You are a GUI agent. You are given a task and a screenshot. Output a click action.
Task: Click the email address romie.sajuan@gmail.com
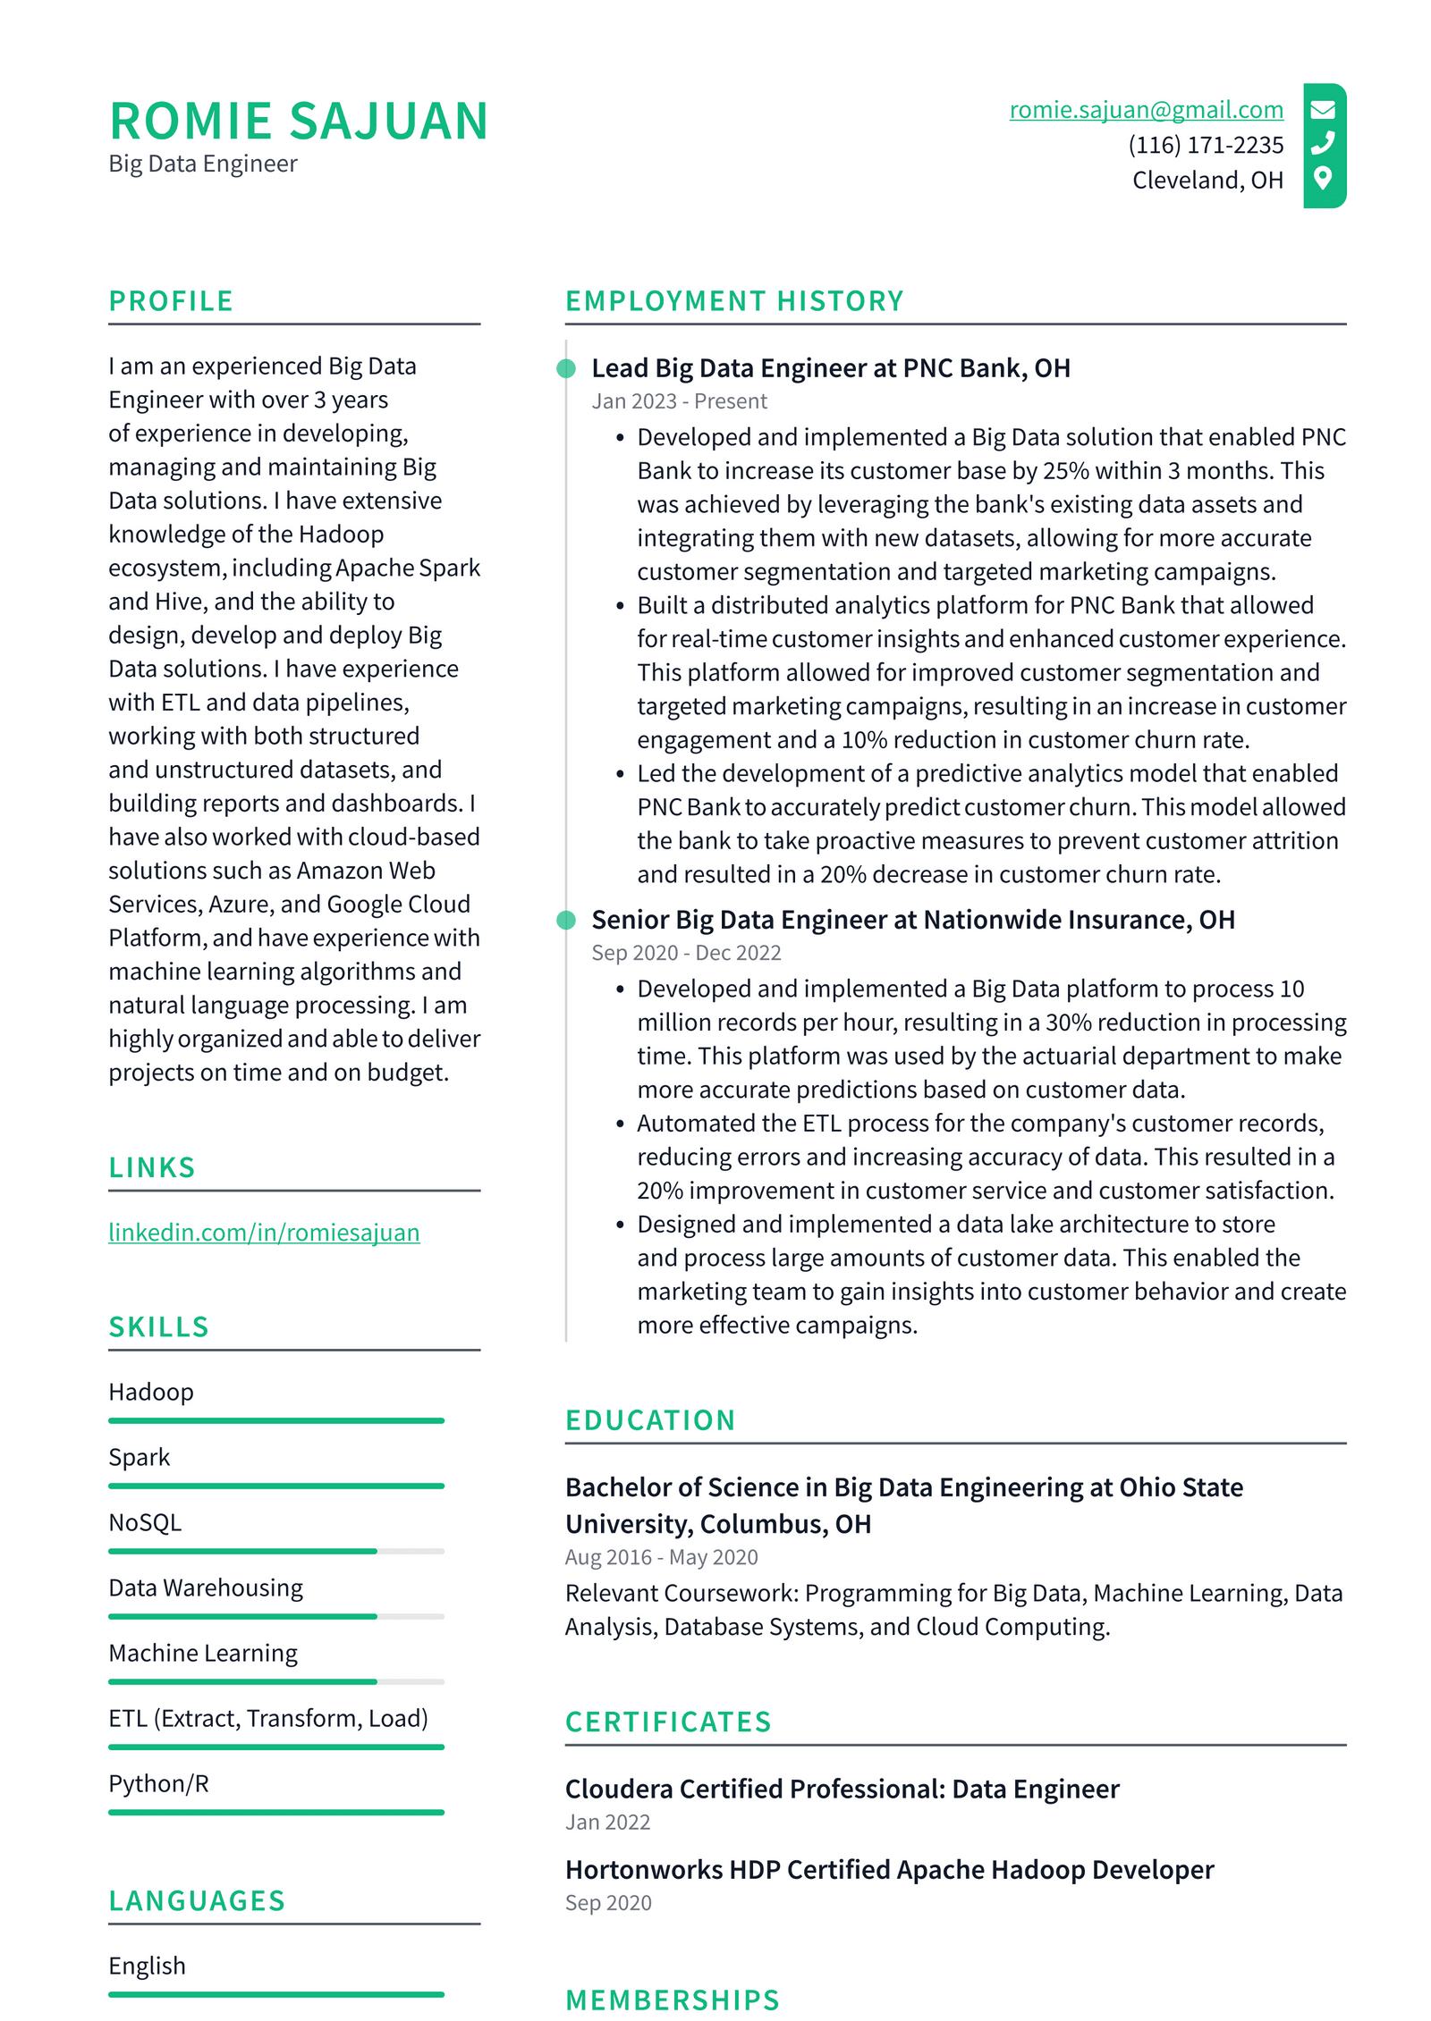tap(1145, 109)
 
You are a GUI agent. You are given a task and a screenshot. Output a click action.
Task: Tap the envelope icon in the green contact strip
tap(1323, 109)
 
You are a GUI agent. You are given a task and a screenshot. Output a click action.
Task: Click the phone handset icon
tap(1323, 143)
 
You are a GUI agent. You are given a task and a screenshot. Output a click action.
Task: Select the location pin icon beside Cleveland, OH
tap(1323, 178)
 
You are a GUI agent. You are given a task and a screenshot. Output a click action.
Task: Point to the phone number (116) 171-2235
tap(1205, 145)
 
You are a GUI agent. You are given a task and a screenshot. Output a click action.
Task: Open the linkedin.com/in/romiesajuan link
tap(264, 1233)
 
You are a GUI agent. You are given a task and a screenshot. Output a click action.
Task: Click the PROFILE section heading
tap(171, 301)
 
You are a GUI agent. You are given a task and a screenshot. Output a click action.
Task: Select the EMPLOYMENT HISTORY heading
tap(734, 301)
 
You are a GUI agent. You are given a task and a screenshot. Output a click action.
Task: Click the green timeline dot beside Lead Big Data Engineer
tap(566, 368)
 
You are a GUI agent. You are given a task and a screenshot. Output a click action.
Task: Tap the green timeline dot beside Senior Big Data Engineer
tap(566, 920)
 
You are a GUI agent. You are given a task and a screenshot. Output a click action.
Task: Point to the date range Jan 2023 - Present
tap(679, 401)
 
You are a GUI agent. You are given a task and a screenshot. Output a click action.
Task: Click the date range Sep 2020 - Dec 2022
tap(686, 953)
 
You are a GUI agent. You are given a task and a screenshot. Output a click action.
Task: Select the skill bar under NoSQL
tap(275, 1551)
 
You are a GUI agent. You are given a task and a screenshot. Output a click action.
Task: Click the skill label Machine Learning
tap(203, 1654)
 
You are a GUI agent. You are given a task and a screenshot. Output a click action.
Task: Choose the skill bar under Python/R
tap(275, 1812)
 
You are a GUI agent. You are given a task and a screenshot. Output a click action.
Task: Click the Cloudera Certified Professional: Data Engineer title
tap(842, 1789)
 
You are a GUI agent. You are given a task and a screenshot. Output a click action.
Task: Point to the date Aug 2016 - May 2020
tap(661, 1557)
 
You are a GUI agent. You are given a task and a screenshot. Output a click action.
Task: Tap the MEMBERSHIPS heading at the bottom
tap(673, 2000)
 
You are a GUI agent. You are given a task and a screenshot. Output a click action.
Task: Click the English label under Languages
tap(148, 1966)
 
